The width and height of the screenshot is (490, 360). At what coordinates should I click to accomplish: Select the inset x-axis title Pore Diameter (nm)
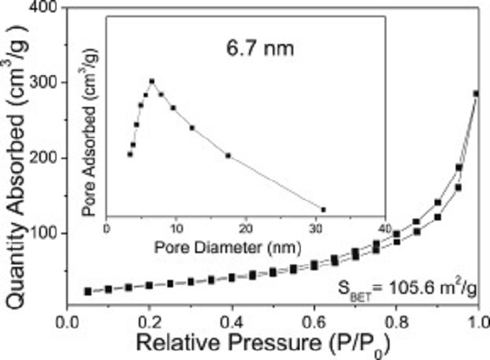(246, 244)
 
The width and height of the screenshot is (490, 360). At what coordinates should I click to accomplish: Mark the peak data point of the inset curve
(152, 81)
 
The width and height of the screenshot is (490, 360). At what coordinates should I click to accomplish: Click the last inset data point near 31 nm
(323, 210)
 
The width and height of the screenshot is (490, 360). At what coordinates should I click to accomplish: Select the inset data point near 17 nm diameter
(228, 155)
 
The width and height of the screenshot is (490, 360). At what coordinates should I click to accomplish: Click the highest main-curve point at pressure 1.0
(476, 93)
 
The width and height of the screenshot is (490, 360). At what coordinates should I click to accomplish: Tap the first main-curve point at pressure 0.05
(87, 291)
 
